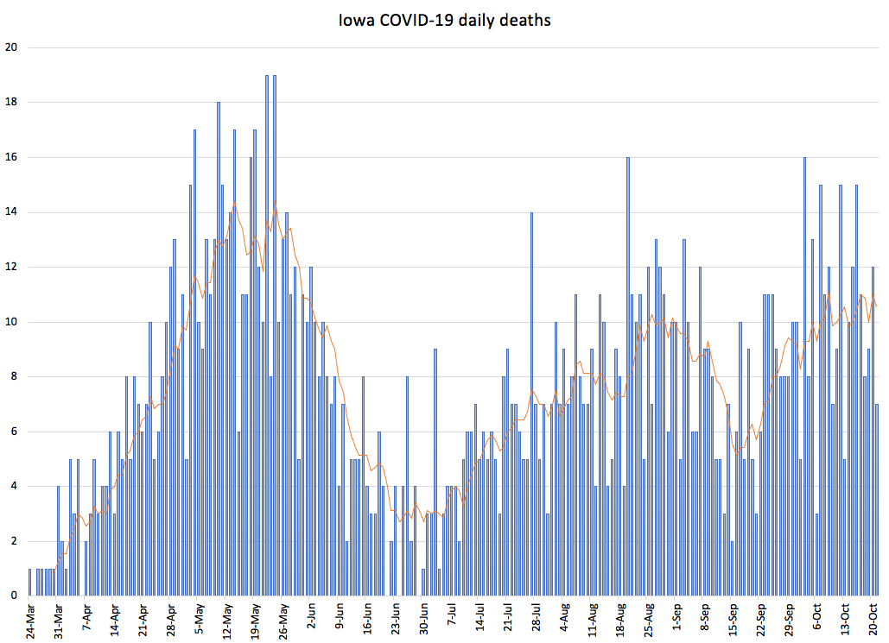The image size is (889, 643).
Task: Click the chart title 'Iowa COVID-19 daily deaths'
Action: (444, 20)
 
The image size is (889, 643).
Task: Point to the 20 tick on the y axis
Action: (10, 47)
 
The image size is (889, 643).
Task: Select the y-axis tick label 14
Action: (10, 212)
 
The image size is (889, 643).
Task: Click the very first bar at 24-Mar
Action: (29, 582)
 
